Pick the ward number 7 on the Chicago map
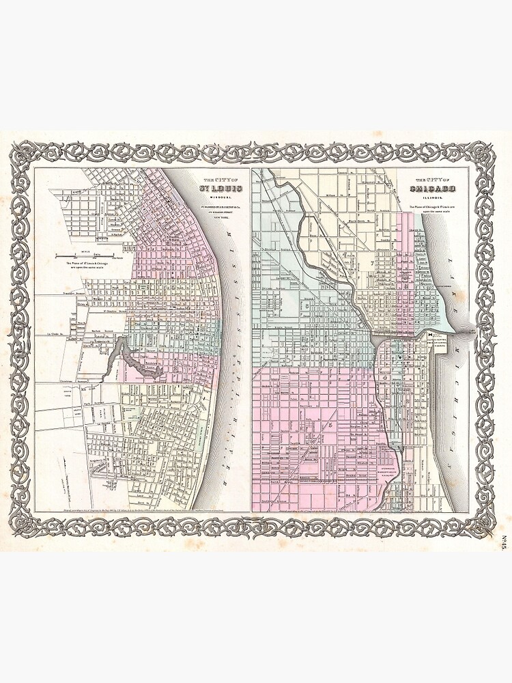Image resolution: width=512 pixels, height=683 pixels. pos(372,263)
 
